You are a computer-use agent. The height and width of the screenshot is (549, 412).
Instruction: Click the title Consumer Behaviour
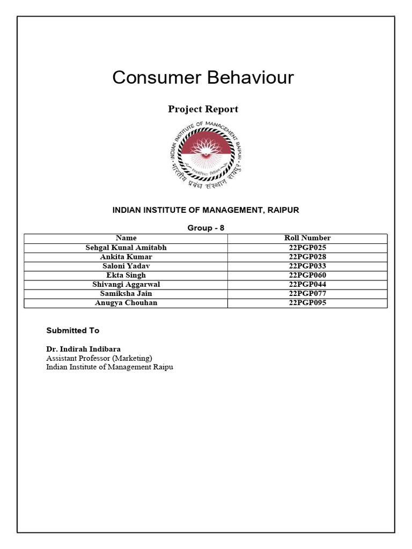pos(203,78)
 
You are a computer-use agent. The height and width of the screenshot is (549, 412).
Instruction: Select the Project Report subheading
pos(203,109)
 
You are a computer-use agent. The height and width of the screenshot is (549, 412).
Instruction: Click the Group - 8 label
pos(205,228)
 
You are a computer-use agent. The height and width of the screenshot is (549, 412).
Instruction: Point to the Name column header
pos(126,238)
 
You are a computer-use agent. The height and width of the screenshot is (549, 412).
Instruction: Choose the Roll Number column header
pos(307,238)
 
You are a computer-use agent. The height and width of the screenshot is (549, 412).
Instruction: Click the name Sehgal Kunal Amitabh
pos(126,248)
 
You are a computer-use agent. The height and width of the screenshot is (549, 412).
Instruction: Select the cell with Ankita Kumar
pos(126,257)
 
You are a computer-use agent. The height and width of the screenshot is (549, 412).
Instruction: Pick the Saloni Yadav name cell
pos(126,266)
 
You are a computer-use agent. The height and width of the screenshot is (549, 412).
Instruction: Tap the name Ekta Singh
pos(126,275)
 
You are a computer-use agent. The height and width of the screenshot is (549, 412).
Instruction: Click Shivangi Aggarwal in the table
pos(126,284)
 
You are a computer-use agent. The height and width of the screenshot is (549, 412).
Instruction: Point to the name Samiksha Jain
pos(126,293)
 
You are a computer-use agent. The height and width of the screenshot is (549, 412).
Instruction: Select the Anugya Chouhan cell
pos(126,303)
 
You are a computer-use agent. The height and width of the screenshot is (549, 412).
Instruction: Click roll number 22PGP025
pos(307,248)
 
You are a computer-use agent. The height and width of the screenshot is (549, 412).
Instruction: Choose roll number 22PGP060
pos(307,275)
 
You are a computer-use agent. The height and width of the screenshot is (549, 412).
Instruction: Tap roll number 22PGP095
pos(307,303)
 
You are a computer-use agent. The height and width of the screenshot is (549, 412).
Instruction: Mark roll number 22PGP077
pos(307,293)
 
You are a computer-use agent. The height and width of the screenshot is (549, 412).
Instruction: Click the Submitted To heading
pos(72,330)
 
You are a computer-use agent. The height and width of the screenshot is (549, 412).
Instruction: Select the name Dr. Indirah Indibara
pos(83,349)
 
